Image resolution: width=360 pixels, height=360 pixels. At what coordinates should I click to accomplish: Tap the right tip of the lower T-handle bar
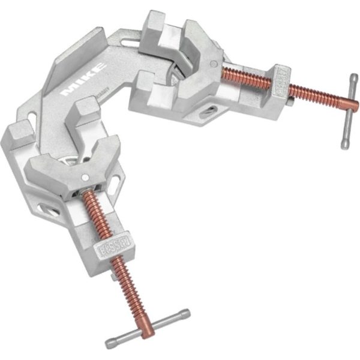187,313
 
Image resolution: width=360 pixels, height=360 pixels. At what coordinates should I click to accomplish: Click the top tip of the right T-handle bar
355,77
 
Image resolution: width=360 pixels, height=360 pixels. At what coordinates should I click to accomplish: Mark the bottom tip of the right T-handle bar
344,145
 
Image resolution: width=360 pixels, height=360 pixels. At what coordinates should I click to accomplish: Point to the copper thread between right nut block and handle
315,96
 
